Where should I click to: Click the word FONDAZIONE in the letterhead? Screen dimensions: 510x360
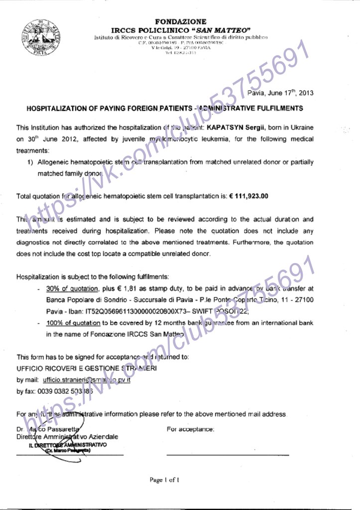180,21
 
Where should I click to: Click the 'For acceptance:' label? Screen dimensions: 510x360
191,429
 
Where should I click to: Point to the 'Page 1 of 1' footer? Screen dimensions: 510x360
164,480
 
